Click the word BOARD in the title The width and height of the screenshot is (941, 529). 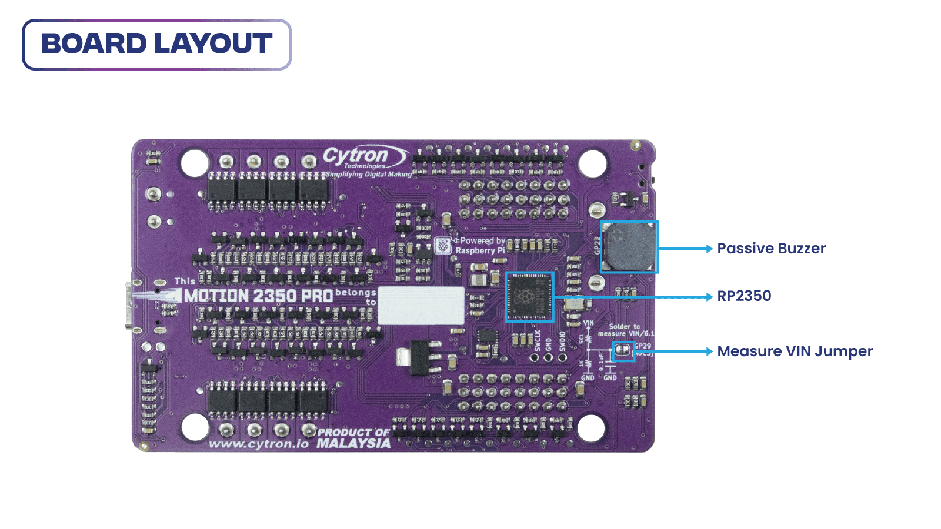(94, 44)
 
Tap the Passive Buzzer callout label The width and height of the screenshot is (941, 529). (770, 249)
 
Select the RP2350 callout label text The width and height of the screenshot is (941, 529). (743, 296)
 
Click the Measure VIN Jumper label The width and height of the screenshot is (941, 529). (795, 351)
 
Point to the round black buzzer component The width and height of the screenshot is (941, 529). (630, 247)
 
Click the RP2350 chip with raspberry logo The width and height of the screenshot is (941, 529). (529, 297)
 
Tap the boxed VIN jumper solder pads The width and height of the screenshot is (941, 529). (623, 351)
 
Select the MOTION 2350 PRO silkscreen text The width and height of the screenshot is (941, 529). (259, 296)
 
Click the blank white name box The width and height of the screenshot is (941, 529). (421, 305)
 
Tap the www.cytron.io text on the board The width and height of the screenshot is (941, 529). (258, 444)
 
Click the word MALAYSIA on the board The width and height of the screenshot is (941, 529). (353, 444)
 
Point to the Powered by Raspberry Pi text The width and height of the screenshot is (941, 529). (480, 246)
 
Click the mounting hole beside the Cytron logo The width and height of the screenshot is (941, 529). (194, 163)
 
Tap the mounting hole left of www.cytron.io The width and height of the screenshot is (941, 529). (195, 427)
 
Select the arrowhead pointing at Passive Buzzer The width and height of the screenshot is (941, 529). (709, 249)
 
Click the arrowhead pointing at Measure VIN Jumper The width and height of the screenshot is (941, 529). (709, 351)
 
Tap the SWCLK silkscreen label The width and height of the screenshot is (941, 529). (537, 341)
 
